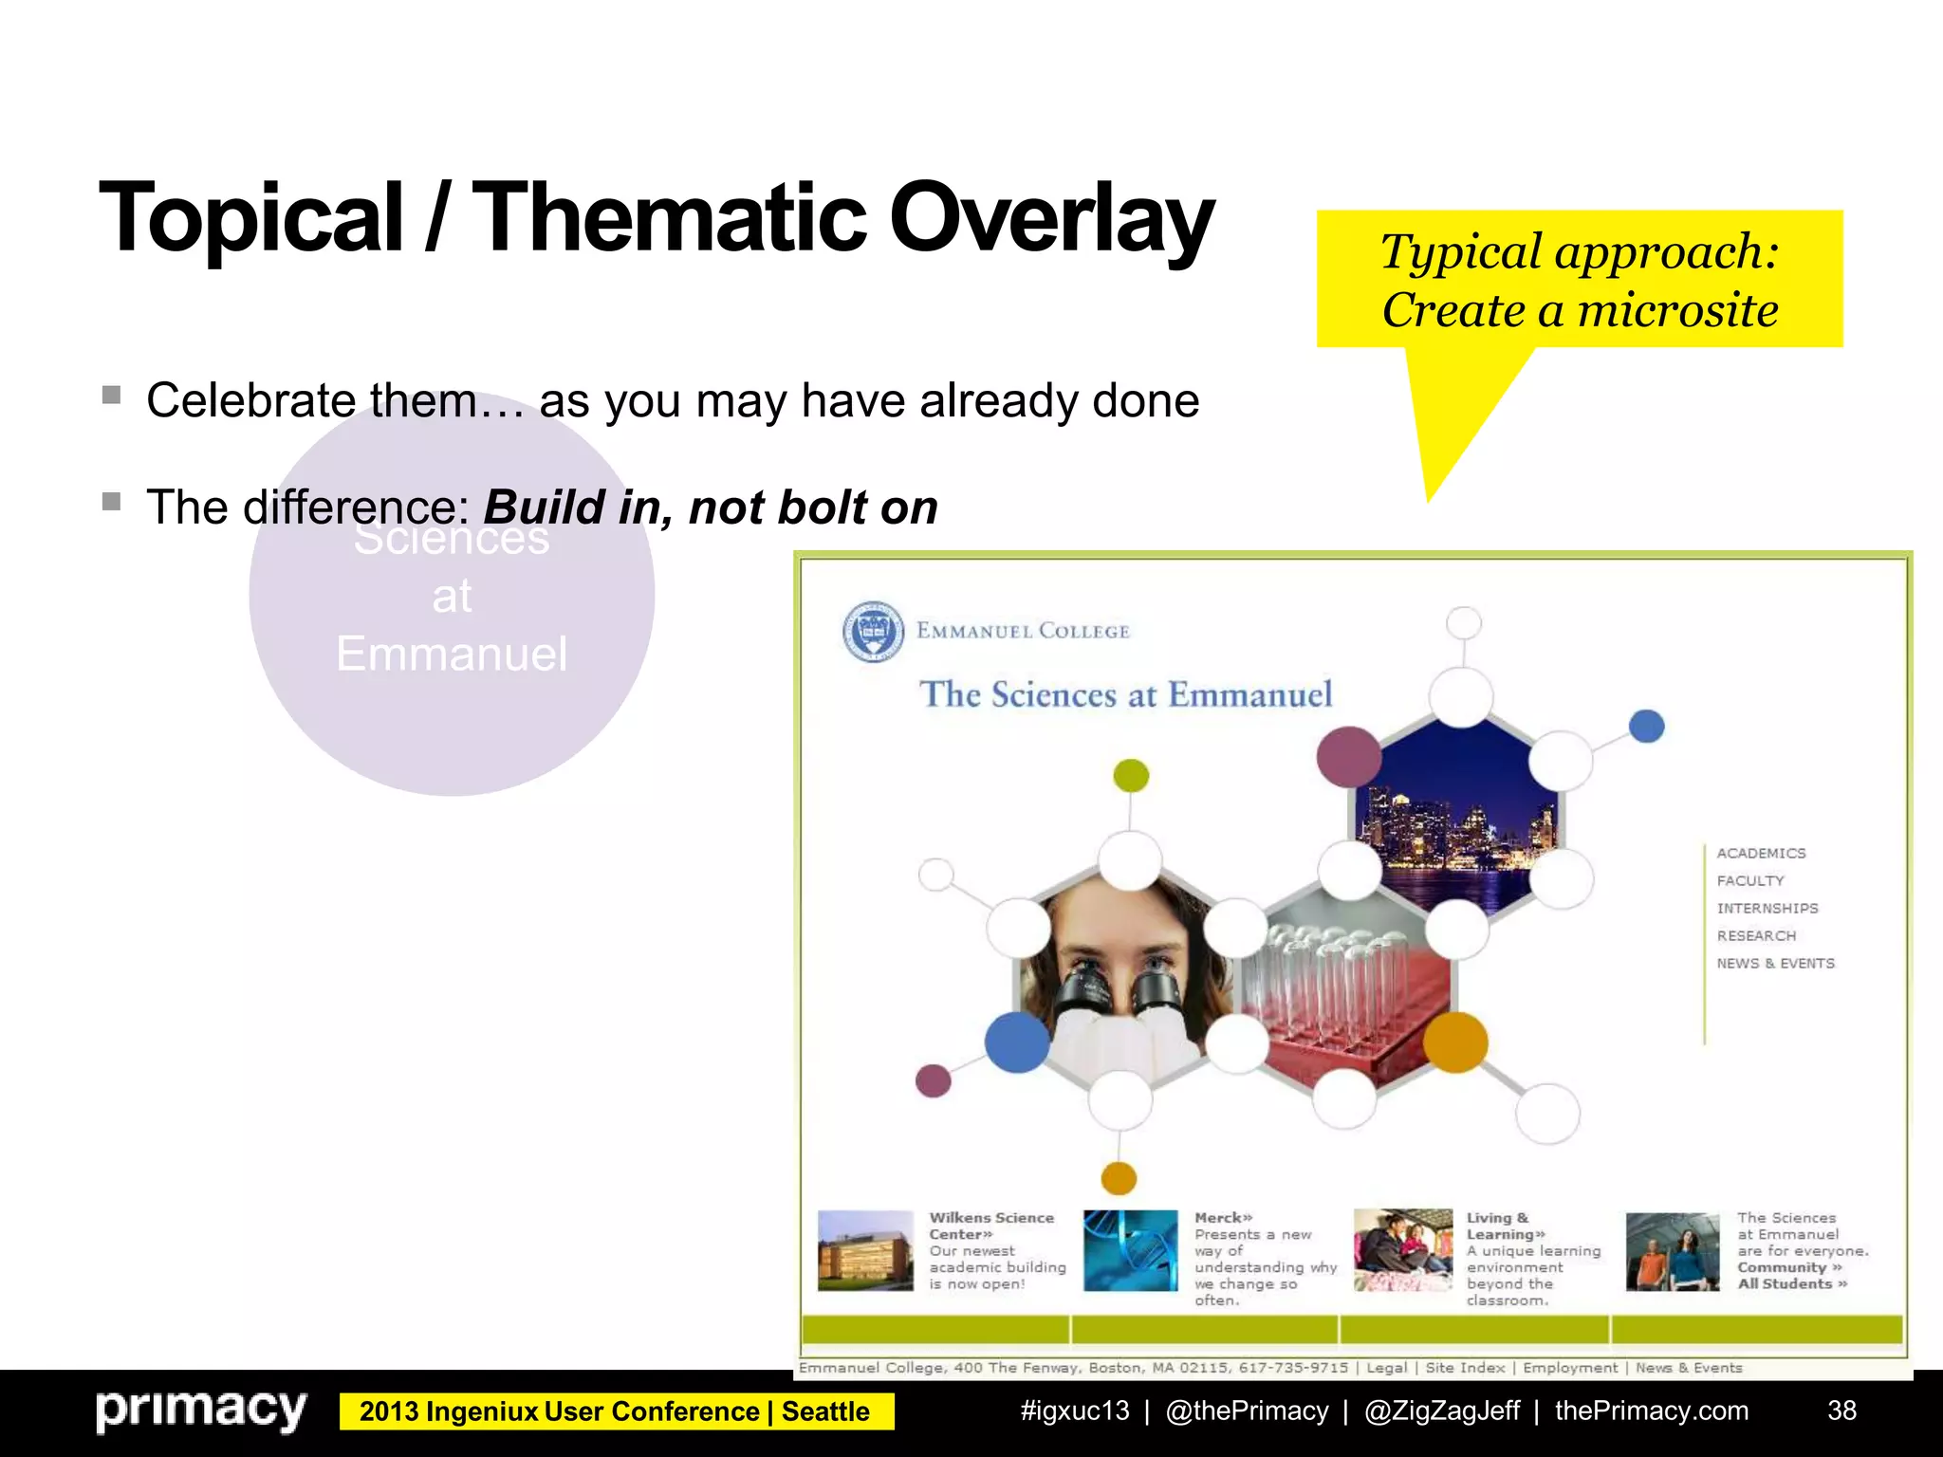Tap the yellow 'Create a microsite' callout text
[1580, 310]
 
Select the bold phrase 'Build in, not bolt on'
[710, 507]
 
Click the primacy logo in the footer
[201, 1411]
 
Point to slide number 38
[1841, 1411]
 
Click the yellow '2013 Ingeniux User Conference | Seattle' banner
[615, 1411]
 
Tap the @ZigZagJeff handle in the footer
[1441, 1411]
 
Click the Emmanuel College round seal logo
[873, 631]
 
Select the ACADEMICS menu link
[1761, 854]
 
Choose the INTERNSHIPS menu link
[1767, 909]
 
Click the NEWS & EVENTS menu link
[1775, 964]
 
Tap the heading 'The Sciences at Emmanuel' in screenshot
[1125, 694]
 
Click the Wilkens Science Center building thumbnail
[865, 1250]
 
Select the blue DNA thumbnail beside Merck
[1130, 1250]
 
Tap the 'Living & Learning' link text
[1504, 1226]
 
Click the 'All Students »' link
[1791, 1284]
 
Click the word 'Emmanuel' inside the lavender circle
[452, 655]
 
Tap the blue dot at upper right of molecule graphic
[1647, 727]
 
